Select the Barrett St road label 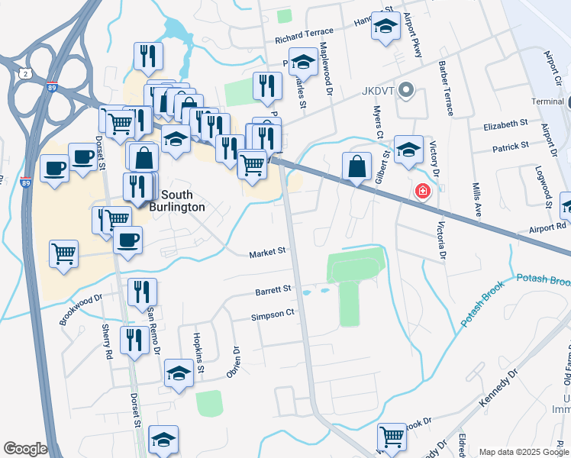(x=274, y=290)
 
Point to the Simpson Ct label (x=273, y=314)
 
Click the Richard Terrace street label (x=305, y=33)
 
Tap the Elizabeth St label (x=505, y=123)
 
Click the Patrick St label (x=511, y=146)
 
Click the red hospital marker (x=421, y=192)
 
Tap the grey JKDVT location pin (x=406, y=91)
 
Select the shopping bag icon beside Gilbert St (x=356, y=166)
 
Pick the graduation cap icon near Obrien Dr (x=179, y=373)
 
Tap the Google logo (x=25, y=449)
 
